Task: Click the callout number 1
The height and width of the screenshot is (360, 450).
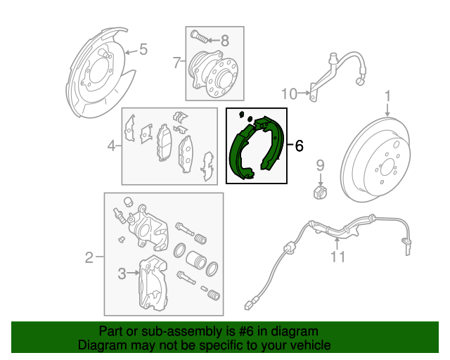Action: (387, 96)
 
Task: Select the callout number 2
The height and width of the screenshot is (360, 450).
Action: (89, 257)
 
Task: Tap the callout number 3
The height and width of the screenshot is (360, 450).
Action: (122, 274)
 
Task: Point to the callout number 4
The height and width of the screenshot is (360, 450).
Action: (111, 146)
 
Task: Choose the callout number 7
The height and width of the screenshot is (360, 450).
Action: (176, 63)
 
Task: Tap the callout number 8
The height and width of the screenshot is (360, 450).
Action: (225, 39)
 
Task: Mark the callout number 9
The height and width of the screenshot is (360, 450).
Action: (320, 166)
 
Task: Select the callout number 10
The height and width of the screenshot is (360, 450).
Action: (289, 92)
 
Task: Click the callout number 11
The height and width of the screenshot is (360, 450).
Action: (338, 257)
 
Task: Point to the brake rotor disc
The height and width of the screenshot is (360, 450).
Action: (383, 165)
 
